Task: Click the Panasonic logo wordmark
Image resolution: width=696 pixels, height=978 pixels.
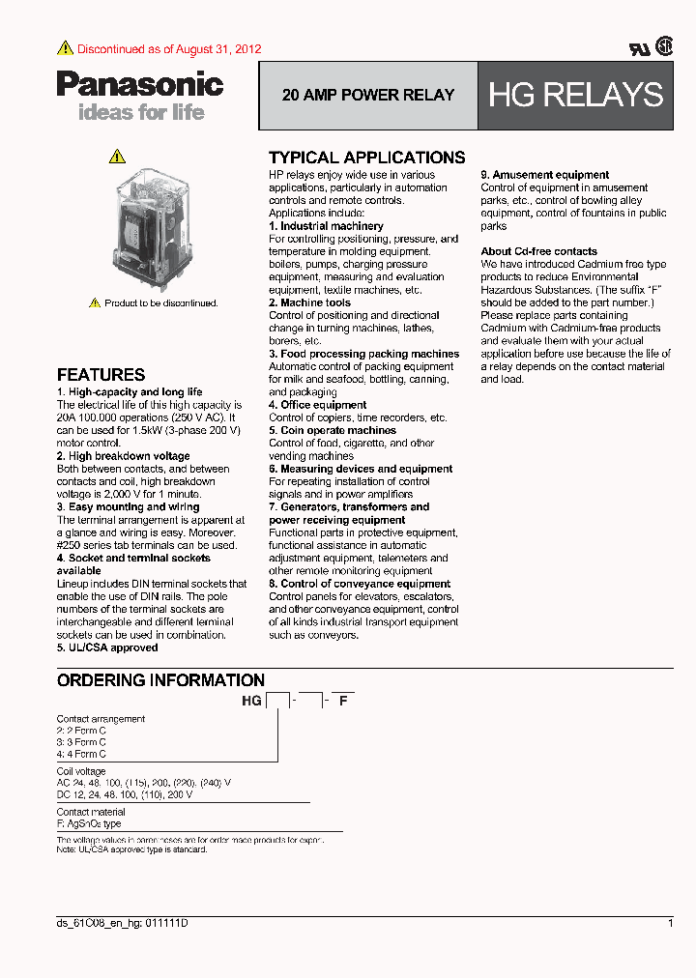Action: click(x=140, y=85)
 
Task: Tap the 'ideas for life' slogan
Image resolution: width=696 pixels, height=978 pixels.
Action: click(x=141, y=112)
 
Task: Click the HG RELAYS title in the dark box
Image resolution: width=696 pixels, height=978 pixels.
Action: click(x=576, y=95)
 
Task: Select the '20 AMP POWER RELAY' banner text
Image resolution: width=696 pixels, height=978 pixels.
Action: click(x=368, y=96)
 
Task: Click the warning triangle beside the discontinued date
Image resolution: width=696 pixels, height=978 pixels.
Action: click(x=65, y=48)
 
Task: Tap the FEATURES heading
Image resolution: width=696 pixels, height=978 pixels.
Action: click(x=101, y=375)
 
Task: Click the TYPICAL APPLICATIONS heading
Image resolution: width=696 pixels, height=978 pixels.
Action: click(x=366, y=158)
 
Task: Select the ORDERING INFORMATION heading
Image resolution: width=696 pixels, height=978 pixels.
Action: click(x=160, y=680)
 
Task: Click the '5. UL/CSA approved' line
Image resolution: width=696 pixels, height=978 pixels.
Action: click(x=107, y=647)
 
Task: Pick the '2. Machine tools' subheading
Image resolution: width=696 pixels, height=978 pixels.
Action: click(x=309, y=302)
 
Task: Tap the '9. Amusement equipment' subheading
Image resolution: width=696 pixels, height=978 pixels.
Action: click(x=545, y=175)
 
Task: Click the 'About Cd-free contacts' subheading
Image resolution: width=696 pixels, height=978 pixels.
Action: click(x=539, y=251)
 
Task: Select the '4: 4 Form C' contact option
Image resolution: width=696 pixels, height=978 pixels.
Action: click(x=81, y=754)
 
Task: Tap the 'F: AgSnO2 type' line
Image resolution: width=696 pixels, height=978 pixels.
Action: click(x=89, y=823)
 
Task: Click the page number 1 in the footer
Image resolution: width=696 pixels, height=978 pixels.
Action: click(x=670, y=924)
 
